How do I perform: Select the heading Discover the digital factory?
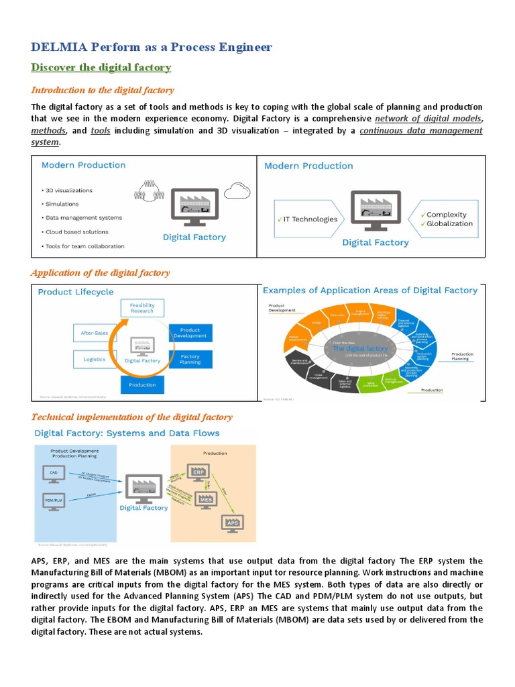coord(101,68)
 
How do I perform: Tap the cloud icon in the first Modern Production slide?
coord(237,191)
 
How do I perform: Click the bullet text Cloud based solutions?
coord(76,232)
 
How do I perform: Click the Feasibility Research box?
coord(142,309)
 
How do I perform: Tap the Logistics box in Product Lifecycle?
coord(94,359)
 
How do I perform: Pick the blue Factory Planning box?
coord(190,360)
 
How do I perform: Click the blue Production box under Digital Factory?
coord(142,385)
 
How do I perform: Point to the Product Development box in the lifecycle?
coord(190,333)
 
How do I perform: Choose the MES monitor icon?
coord(205,500)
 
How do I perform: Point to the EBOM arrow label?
coord(93,494)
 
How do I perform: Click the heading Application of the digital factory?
coord(101,273)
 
